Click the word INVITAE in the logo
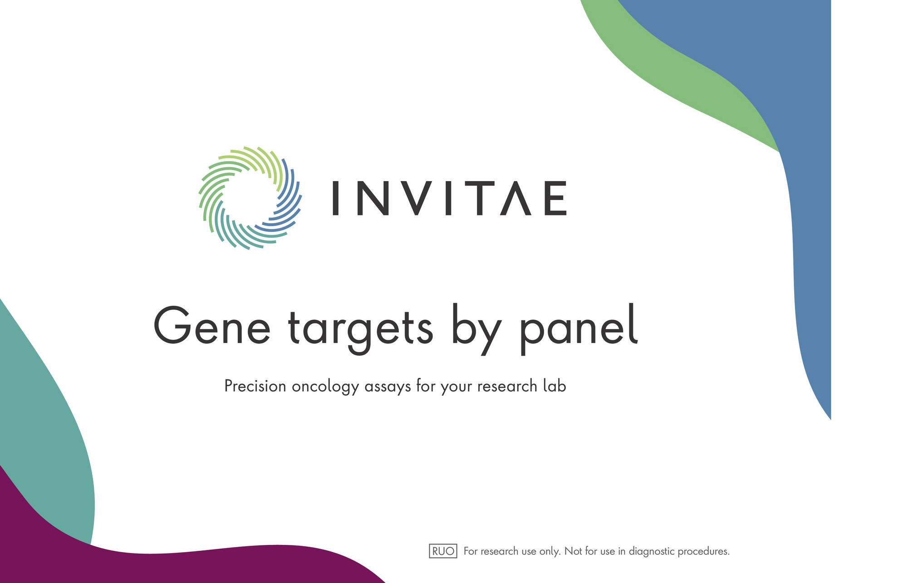pos(449,198)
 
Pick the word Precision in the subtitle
pos(255,386)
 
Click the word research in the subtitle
pos(507,386)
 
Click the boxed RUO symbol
pos(443,551)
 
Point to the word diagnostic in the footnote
pos(652,552)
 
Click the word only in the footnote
pos(550,552)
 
